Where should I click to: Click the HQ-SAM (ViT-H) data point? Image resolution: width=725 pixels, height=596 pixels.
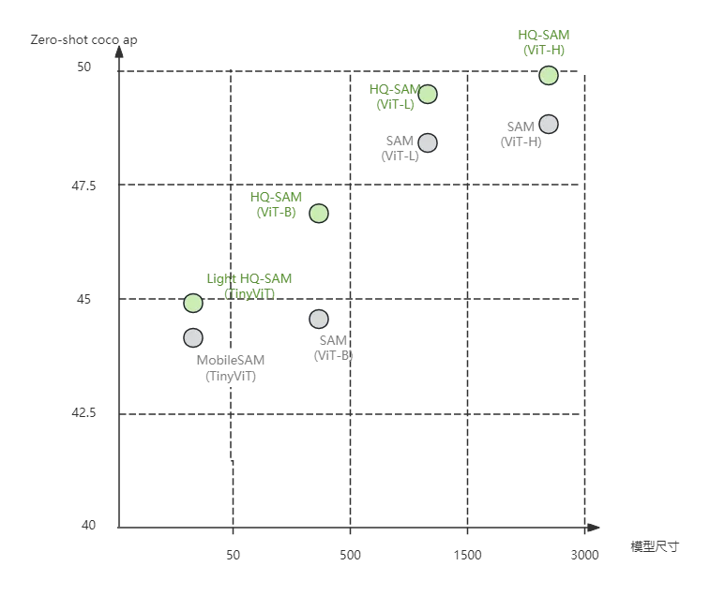pos(549,75)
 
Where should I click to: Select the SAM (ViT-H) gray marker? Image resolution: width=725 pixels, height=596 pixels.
pos(549,125)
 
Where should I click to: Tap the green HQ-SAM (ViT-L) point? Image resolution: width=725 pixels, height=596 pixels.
pos(428,94)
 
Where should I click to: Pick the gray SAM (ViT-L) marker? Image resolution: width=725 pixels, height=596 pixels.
pos(428,143)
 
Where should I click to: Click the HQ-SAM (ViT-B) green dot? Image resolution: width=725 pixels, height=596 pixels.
pos(319,214)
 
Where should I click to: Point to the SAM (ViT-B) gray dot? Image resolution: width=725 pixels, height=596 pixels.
pos(319,320)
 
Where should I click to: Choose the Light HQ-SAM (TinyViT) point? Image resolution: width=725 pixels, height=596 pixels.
pos(193,303)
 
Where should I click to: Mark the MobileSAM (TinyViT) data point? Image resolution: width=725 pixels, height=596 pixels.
pos(193,337)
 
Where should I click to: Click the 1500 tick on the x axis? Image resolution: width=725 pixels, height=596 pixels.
pos(467,555)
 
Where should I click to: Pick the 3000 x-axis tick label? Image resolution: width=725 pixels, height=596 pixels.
pos(584,555)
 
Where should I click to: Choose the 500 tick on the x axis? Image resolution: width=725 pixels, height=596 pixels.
pos(350,555)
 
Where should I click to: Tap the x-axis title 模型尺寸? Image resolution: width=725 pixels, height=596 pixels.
pos(655,546)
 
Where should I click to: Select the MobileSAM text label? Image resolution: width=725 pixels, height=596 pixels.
pos(231,360)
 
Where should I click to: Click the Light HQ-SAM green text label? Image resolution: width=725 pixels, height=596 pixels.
pos(249,278)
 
